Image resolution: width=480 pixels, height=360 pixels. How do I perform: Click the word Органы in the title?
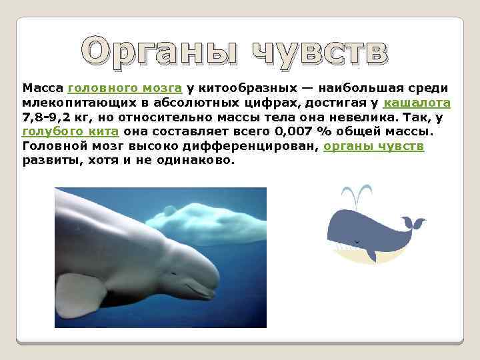point(157,52)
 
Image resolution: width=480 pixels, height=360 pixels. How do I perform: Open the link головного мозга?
point(125,88)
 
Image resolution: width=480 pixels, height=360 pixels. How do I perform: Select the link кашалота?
point(417,103)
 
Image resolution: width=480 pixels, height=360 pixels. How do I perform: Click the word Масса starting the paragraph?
point(43,88)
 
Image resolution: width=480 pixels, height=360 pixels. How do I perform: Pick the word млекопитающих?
point(73,103)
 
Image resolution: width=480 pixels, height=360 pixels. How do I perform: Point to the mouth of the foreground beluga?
point(200,290)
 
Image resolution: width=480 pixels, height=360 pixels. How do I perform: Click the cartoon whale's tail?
point(411,223)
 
